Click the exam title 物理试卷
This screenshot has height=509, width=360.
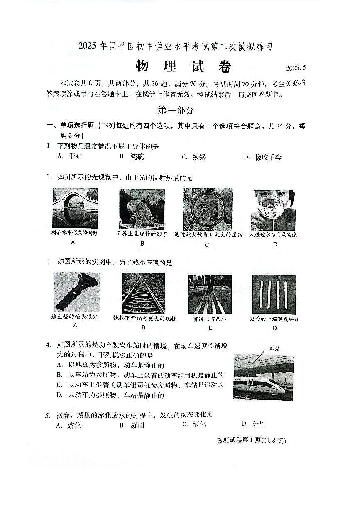point(183,66)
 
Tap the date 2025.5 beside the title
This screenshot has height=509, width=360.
point(296,68)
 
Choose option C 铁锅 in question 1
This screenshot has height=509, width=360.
point(194,157)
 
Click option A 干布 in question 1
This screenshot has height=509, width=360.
point(69,156)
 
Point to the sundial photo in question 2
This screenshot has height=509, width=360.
point(142,209)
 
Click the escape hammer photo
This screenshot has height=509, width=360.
point(77,292)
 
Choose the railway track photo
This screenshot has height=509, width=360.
point(143,293)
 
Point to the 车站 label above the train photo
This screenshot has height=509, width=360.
point(274,348)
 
